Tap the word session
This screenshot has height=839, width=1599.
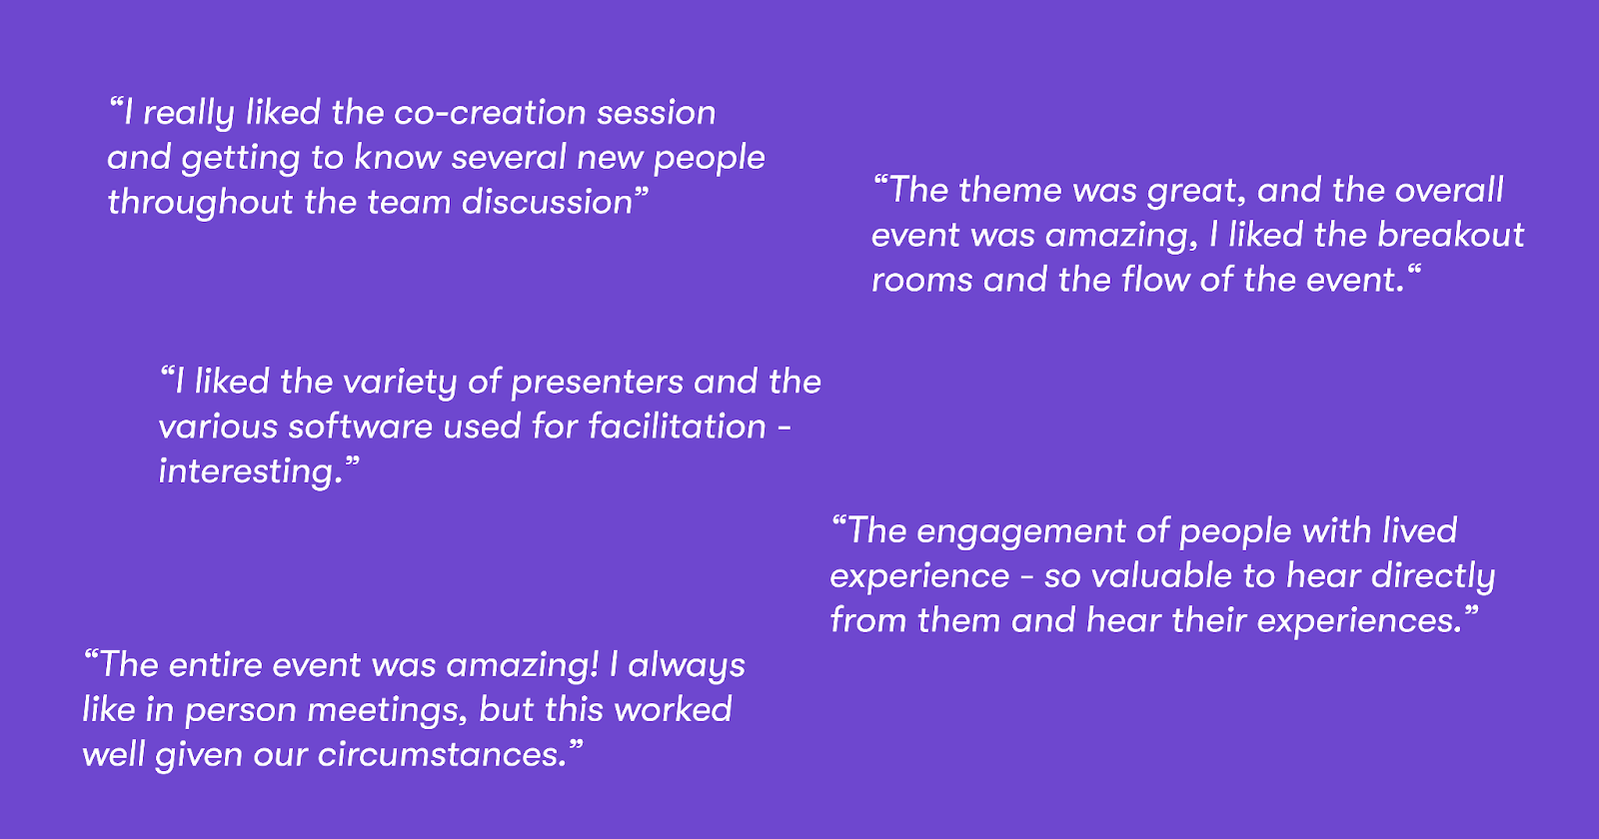pos(656,113)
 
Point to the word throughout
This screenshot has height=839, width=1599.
pos(200,204)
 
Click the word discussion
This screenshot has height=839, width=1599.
pos(547,202)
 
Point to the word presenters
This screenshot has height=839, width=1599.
pos(597,384)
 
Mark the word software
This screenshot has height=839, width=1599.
pos(361,426)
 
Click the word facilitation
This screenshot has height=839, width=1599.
pos(677,426)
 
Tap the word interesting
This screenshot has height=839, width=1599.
pos(246,472)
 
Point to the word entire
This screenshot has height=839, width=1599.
pos(216,665)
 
